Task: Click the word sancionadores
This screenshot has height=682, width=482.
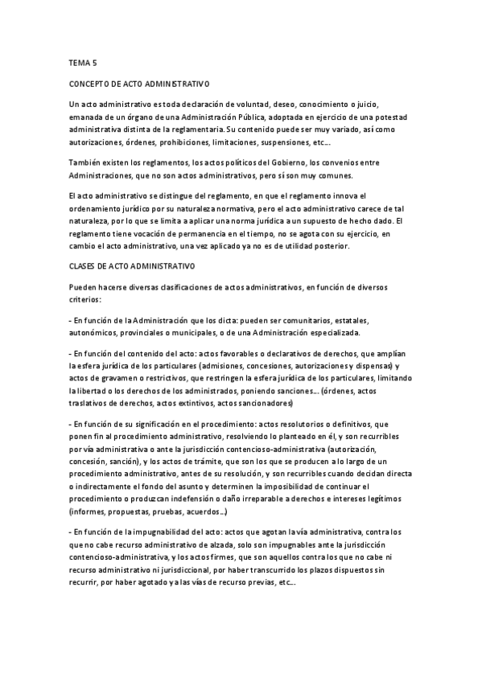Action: pos(278,403)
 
